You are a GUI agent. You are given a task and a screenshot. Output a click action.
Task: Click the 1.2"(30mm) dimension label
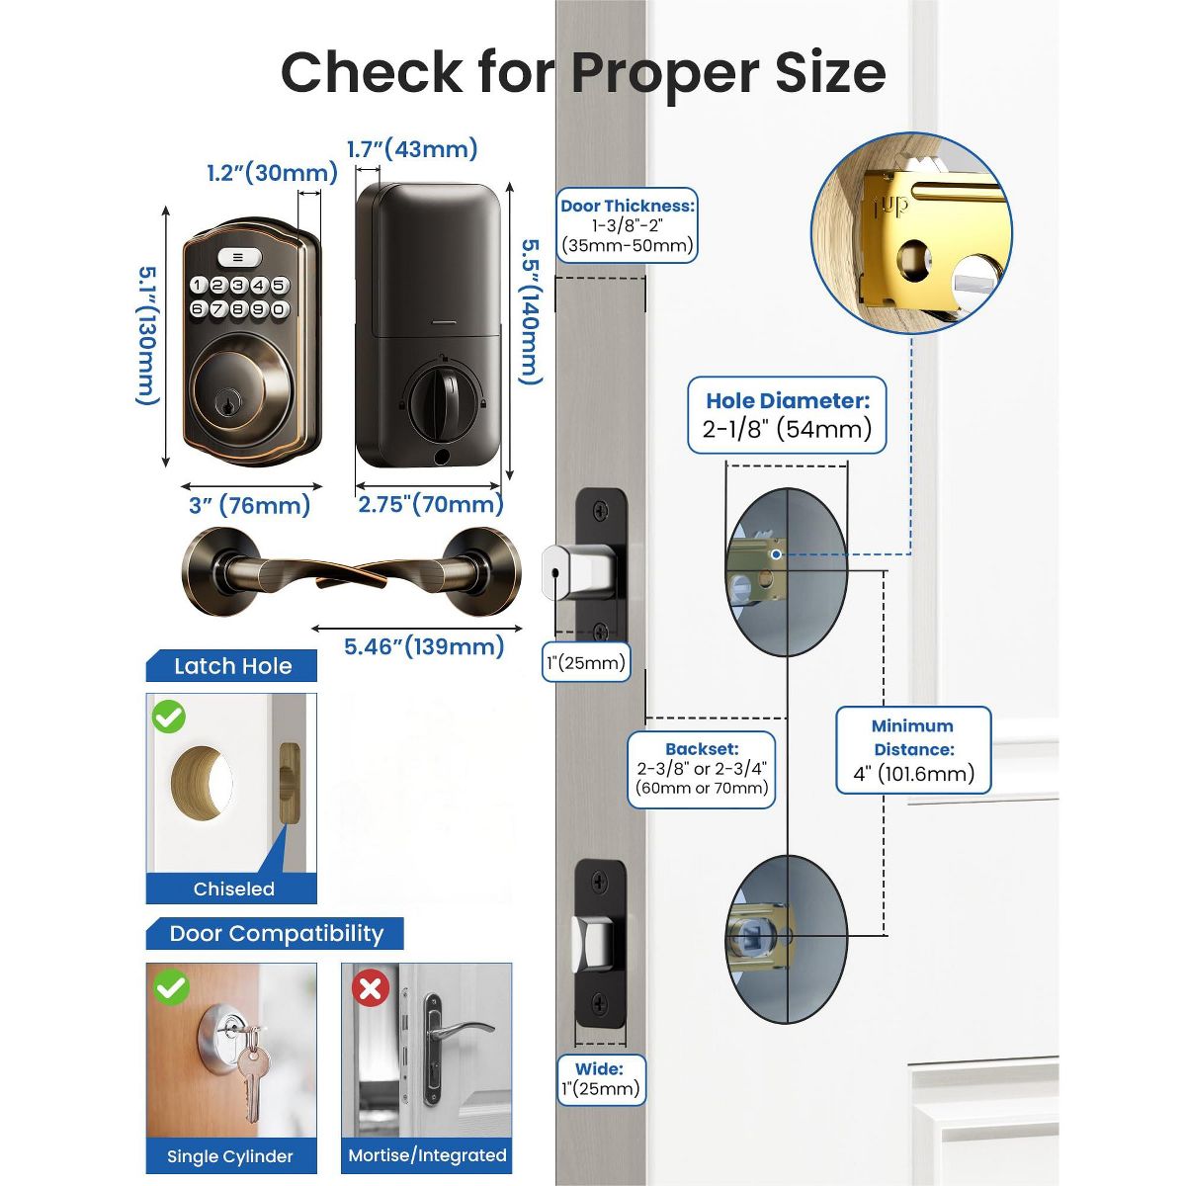[x=272, y=173]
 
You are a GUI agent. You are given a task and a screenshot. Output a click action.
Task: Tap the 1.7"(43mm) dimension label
[x=412, y=149]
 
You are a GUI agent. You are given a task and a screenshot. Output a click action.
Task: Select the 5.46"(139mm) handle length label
[x=424, y=646]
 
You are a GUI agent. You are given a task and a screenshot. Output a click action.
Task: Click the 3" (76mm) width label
[x=249, y=505]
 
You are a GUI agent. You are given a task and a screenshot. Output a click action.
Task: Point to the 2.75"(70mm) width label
[x=430, y=504]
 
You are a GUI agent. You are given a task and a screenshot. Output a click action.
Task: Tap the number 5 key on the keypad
[x=280, y=286]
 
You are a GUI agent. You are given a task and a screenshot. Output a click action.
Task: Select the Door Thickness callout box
[x=628, y=225]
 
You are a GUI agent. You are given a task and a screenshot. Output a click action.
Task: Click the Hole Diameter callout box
[x=787, y=415]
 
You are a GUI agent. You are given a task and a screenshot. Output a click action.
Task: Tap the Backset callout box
[x=702, y=769]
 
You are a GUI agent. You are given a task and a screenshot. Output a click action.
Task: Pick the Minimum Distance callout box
[x=913, y=749]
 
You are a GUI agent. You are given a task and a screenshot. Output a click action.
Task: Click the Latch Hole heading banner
[x=232, y=666]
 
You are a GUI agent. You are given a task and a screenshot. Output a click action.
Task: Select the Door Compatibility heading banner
[x=276, y=934]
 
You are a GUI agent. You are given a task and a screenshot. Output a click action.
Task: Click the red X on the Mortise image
[x=371, y=987]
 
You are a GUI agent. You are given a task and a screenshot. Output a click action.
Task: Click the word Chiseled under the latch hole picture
[x=233, y=889]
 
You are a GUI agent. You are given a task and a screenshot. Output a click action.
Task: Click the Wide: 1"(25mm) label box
[x=600, y=1078]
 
